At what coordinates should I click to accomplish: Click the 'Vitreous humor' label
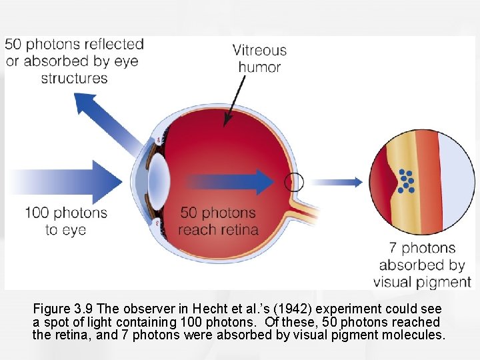coord(259,58)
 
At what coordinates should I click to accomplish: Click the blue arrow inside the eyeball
coord(230,181)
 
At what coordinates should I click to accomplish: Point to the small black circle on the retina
coord(293,181)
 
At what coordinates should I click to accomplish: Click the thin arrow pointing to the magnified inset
coord(337,181)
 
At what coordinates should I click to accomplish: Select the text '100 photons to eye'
coord(66,221)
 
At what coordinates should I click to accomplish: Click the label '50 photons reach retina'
coord(218,221)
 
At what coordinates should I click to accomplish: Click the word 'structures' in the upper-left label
coord(74,78)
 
